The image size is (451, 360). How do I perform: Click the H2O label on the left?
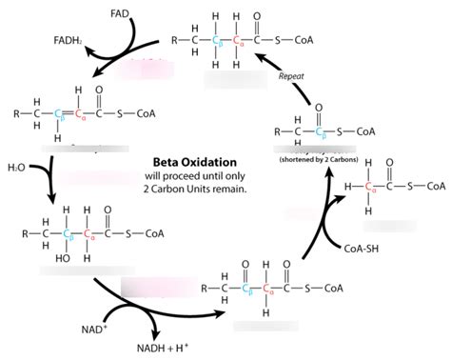(x=15, y=168)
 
